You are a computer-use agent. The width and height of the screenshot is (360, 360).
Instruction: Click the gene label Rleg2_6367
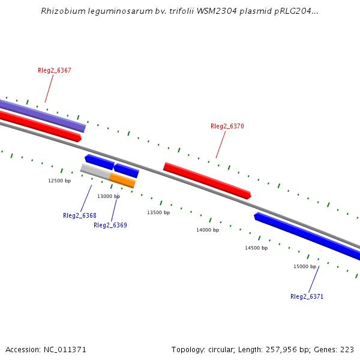tap(55, 71)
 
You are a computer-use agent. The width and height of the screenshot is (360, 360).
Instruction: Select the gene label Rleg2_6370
tap(227, 127)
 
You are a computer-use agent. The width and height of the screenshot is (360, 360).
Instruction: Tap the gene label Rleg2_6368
tap(80, 216)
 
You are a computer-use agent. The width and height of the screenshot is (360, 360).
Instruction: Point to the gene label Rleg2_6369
tap(110, 226)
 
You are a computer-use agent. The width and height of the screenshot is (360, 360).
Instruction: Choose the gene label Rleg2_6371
tap(307, 297)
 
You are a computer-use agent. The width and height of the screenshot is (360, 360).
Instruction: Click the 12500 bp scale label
tap(59, 181)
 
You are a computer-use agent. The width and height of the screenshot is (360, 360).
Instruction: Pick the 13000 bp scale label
tap(109, 196)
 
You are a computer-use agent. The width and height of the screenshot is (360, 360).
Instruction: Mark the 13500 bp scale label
tap(158, 212)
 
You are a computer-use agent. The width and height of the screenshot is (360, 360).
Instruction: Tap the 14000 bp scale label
tap(208, 230)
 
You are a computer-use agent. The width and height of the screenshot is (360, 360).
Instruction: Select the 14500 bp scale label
tap(256, 248)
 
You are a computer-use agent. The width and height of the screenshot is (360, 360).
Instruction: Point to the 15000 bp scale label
tap(305, 266)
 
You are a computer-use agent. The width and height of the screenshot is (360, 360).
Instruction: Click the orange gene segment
tap(122, 181)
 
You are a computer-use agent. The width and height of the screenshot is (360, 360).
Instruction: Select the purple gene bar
tap(42, 115)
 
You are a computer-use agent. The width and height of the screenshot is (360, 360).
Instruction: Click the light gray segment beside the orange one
tap(95, 172)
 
